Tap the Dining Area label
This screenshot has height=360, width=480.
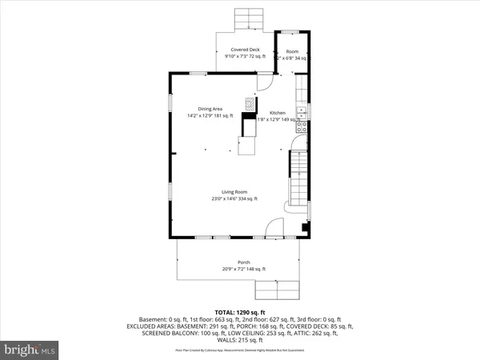(210, 109)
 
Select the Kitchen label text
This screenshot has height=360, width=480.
(277, 113)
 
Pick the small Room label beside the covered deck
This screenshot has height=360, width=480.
(292, 50)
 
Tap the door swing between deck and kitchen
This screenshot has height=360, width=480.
(264, 82)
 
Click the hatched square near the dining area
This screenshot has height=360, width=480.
(250, 104)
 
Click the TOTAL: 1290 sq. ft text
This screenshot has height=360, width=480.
(239, 311)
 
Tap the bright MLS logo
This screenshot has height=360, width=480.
(30, 349)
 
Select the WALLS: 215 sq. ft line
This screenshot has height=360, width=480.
(239, 341)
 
